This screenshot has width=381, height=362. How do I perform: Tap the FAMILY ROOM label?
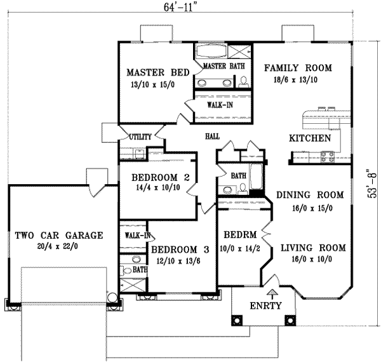297,67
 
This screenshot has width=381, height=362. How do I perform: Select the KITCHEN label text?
309,138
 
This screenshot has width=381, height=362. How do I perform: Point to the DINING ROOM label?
309,196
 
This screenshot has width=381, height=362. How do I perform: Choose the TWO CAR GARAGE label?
59,235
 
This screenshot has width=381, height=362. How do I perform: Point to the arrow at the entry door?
272,293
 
